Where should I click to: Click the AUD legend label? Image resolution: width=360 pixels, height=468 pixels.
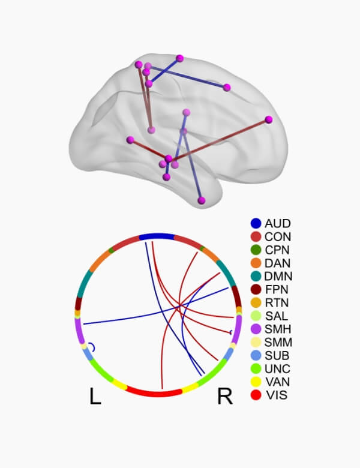[277, 224]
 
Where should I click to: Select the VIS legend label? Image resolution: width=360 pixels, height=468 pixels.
[275, 395]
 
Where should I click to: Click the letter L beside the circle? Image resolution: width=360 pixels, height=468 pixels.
[95, 397]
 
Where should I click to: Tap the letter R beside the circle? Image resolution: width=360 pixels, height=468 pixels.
[224, 397]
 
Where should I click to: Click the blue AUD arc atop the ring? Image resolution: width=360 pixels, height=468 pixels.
[157, 236]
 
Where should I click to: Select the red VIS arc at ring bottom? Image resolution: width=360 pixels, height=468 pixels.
[154, 394]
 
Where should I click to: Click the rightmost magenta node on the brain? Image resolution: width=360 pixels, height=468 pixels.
[269, 119]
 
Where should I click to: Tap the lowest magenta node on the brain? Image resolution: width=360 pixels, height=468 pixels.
[202, 200]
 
